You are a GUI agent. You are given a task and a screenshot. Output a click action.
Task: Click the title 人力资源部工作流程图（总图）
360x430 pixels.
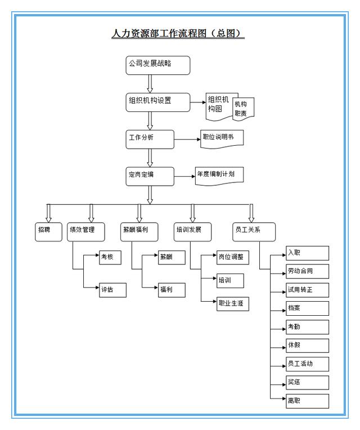[179, 33]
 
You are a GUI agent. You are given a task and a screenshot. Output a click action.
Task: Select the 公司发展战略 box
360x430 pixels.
[157, 65]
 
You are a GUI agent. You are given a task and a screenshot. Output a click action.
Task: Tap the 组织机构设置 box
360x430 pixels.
[157, 102]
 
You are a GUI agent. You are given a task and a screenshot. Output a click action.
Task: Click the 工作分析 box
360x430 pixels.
[150, 139]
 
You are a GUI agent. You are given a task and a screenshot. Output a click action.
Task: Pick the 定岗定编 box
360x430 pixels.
[150, 176]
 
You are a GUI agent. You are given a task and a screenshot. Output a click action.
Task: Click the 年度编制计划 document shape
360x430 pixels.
[219, 175]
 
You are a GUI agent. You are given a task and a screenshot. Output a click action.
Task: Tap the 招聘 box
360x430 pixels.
[48, 231]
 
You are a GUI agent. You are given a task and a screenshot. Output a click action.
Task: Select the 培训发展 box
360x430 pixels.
[191, 231]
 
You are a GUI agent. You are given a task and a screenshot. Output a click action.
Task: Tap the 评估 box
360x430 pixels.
[112, 290]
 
